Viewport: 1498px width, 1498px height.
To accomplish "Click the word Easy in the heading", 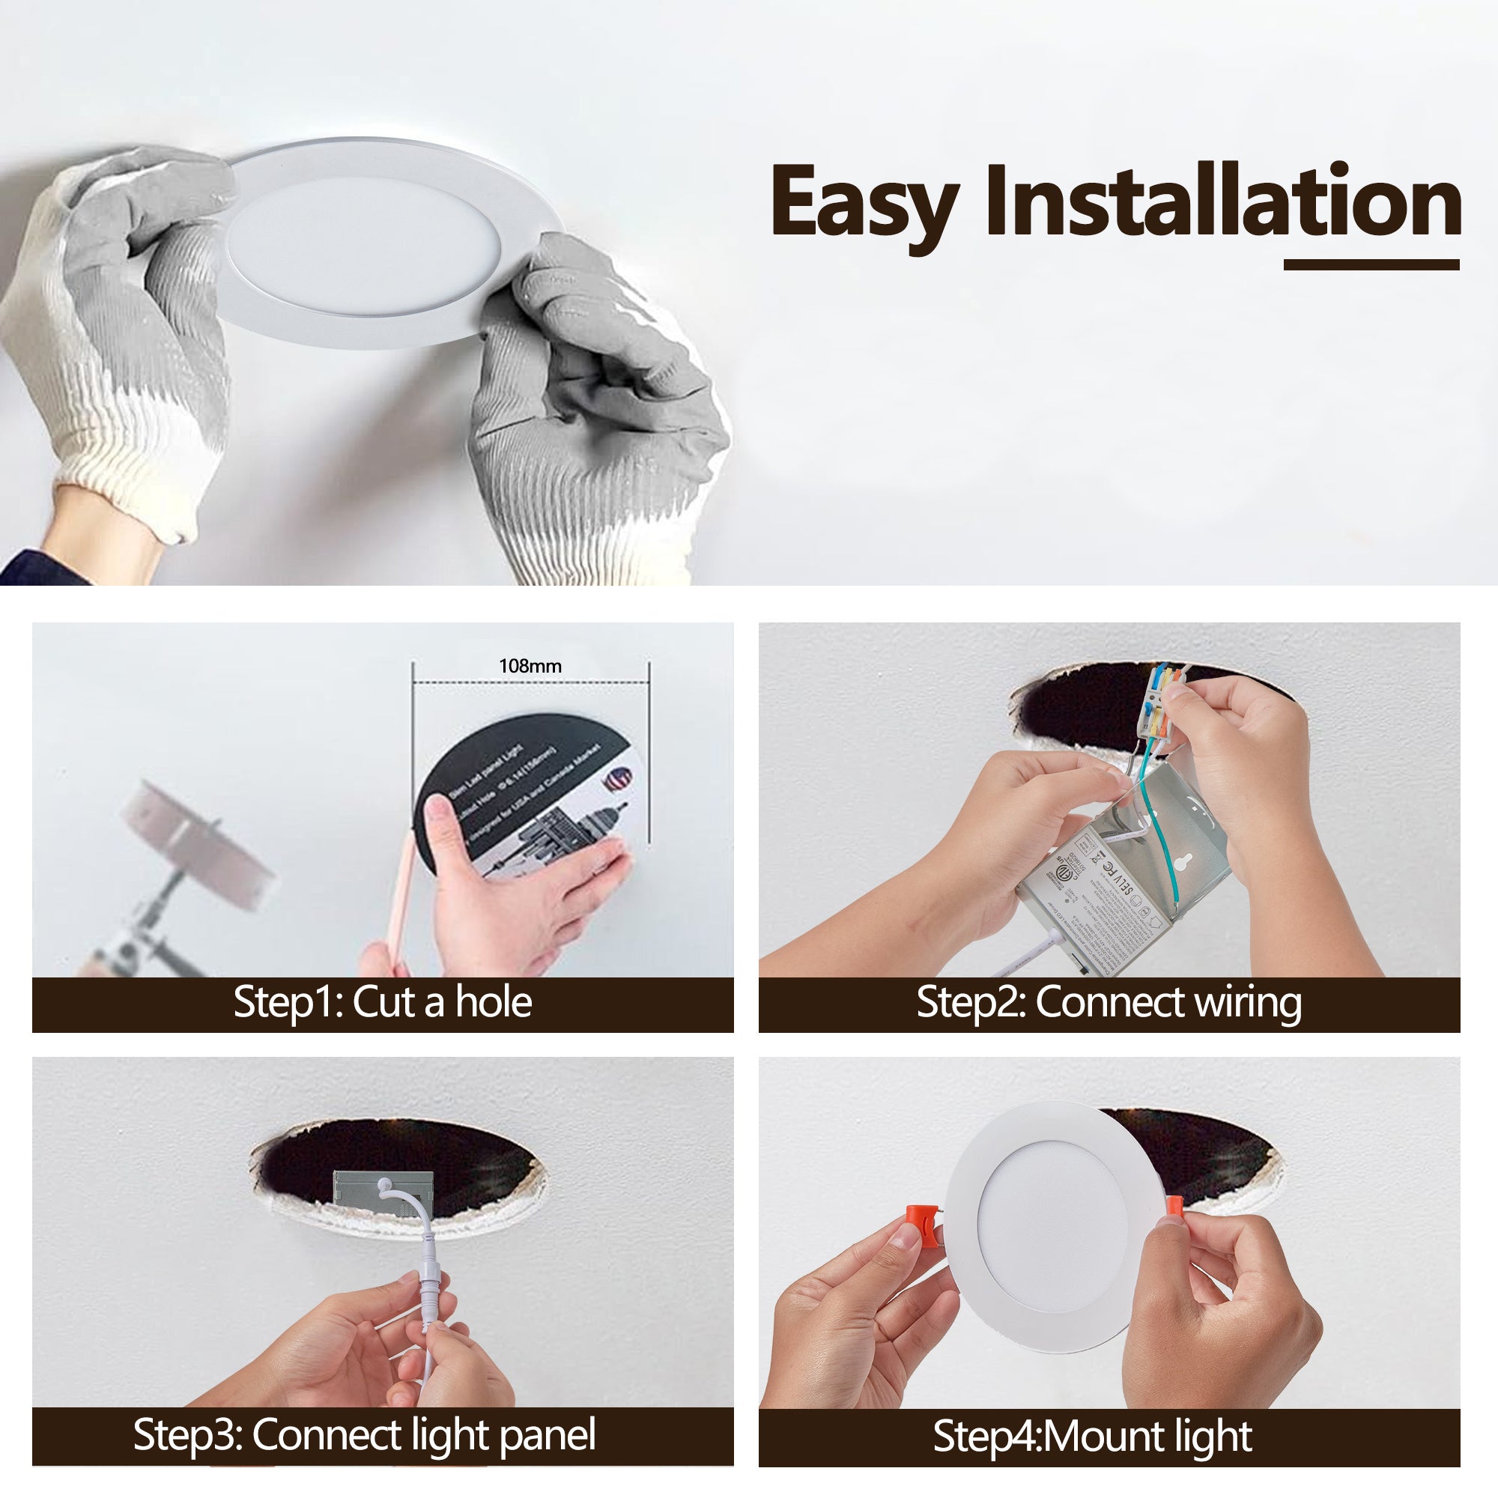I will pyautogui.click(x=864, y=203).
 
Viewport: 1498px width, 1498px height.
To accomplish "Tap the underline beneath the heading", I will pyautogui.click(x=1371, y=264).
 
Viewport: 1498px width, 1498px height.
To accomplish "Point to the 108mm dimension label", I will pyautogui.click(x=530, y=666).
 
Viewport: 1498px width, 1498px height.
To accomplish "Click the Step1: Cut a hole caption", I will pyautogui.click(x=382, y=1001).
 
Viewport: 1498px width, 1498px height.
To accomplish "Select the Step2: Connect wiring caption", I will pyautogui.click(x=1109, y=1001).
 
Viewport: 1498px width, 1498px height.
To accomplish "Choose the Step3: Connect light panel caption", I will pyautogui.click(x=365, y=1434).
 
